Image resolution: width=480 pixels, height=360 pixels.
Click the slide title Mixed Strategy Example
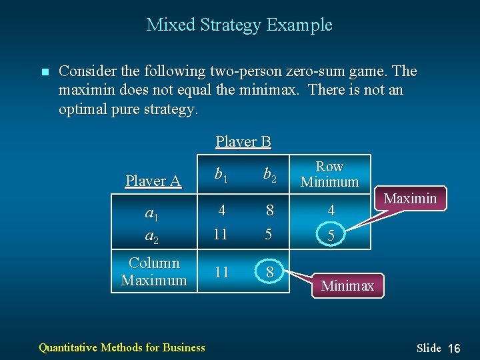[239, 25]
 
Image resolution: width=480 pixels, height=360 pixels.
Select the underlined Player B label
[243, 141]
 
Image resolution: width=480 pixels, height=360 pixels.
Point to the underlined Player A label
[153, 181]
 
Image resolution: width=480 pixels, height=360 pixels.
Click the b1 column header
[221, 175]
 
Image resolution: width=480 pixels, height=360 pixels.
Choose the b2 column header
[270, 175]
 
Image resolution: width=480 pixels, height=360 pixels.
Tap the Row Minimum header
[329, 174]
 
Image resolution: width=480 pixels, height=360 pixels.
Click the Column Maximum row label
[154, 271]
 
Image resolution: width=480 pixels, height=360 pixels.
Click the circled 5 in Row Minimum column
[331, 236]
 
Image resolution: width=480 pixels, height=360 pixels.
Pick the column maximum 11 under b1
[221, 272]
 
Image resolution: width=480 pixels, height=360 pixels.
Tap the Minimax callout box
[347, 286]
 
